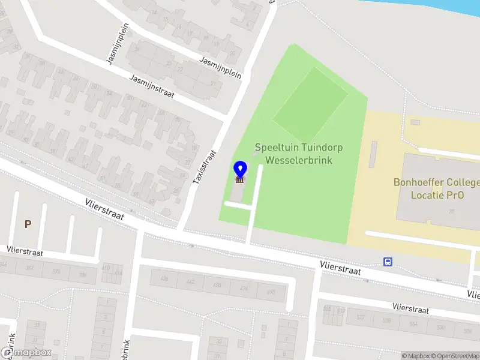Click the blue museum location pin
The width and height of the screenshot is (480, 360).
(x=240, y=173)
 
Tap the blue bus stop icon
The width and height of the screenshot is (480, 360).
(x=388, y=262)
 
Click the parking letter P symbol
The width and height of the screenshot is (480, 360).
(x=27, y=224)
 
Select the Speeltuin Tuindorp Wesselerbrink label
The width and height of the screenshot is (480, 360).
(x=293, y=154)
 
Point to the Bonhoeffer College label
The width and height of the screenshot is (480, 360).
(x=436, y=188)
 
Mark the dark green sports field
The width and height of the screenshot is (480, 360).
(x=310, y=104)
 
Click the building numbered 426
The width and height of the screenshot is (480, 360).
(x=165, y=279)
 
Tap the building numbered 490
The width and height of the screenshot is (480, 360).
(x=271, y=292)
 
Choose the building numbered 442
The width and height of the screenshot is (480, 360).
(x=190, y=282)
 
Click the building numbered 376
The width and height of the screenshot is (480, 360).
(x=56, y=272)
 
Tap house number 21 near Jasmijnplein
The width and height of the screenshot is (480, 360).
(x=214, y=83)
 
